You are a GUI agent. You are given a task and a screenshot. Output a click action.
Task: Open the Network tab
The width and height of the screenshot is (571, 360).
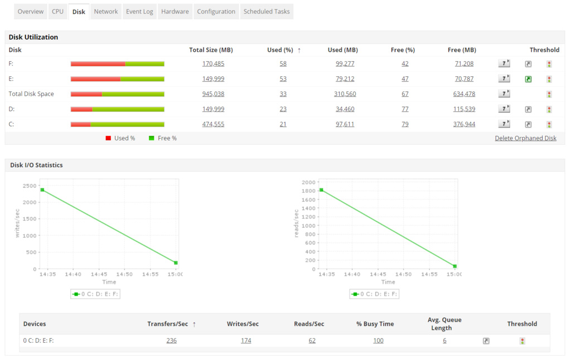[106, 11]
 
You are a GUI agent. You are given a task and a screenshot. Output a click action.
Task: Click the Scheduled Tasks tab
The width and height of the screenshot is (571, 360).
[267, 11]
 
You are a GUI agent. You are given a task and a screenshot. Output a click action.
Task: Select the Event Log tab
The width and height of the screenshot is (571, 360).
[139, 11]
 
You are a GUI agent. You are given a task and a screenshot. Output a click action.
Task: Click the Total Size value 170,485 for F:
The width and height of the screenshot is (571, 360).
[213, 64]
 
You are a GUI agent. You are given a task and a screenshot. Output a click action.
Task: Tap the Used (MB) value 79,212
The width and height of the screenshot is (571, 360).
[345, 79]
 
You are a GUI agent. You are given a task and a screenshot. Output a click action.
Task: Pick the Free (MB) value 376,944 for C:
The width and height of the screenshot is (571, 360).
[464, 124]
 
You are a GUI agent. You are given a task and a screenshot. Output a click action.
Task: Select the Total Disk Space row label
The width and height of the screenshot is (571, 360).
[31, 94]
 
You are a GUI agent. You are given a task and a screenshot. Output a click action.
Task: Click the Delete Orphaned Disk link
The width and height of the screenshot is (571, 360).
[525, 138]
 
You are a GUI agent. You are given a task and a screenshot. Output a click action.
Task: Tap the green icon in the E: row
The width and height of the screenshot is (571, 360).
[528, 79]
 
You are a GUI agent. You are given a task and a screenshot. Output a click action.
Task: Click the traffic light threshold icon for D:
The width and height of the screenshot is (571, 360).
[549, 110]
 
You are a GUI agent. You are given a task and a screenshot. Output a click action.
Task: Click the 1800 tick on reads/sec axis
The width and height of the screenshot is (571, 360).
[308, 191]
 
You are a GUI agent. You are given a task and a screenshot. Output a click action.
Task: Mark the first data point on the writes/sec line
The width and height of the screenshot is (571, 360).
[42, 190]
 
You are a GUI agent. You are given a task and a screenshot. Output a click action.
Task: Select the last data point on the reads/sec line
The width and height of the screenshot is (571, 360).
[455, 266]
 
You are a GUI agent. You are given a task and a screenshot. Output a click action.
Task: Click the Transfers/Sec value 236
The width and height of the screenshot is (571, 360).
[171, 340]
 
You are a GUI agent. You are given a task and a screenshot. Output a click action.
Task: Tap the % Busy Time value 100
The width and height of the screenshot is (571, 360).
[378, 340]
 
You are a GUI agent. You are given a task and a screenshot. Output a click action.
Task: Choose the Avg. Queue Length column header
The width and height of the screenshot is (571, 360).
[444, 324]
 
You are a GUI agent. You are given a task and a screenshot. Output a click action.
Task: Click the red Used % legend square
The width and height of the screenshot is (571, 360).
[108, 138]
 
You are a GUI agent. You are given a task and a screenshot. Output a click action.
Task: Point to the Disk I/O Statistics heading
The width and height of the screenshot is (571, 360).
[36, 165]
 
